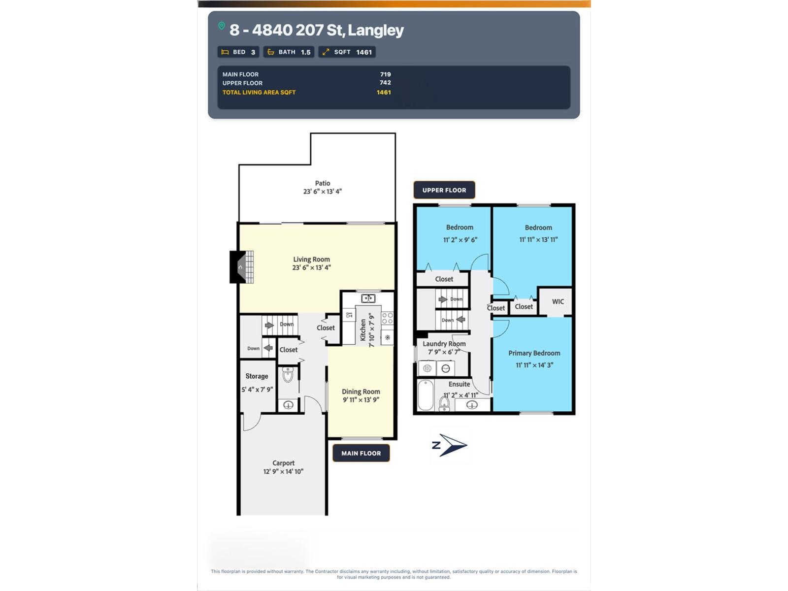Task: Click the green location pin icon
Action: pos(222,26)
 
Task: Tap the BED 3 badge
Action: pos(238,52)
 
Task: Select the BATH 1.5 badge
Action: pos(289,52)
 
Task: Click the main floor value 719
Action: pos(385,74)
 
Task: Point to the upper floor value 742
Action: pos(385,83)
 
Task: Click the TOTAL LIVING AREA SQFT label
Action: pos(259,92)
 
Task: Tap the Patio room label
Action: pos(323,183)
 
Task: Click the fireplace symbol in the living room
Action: pos(242,267)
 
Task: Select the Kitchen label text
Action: pos(363,330)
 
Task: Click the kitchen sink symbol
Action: pos(368,298)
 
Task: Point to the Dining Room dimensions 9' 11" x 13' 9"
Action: pos(361,400)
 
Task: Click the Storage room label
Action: pos(257,376)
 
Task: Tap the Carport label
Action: pos(283,463)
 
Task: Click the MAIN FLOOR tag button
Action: pos(361,453)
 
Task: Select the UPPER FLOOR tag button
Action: pos(444,190)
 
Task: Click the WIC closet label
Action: pos(558,302)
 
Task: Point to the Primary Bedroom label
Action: pos(534,353)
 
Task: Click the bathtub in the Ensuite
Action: pos(426,394)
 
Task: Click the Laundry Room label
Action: pos(444,344)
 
